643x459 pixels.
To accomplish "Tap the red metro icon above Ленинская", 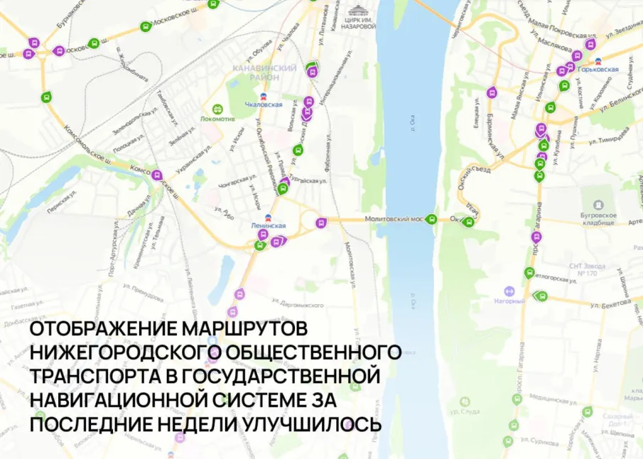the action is [x=268, y=217].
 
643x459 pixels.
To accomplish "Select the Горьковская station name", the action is [x=598, y=70].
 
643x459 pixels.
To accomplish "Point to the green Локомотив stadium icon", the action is [x=217, y=109].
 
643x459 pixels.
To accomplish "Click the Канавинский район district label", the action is [x=264, y=72].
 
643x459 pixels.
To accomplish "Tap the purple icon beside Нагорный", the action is [x=509, y=291].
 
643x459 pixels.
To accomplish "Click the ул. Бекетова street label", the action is [x=610, y=303].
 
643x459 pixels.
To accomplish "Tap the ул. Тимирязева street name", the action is [x=607, y=136].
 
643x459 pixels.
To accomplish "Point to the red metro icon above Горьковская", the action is [x=598, y=60].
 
